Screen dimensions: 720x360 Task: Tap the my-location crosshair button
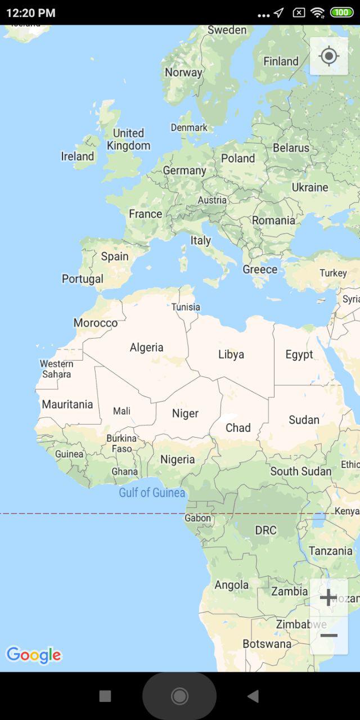tap(328, 56)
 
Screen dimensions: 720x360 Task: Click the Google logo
tap(33, 655)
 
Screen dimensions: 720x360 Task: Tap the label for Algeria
tap(146, 348)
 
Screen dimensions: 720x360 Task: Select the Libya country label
tap(231, 354)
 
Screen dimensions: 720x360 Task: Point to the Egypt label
tap(299, 354)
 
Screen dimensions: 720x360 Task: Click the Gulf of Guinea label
tap(152, 493)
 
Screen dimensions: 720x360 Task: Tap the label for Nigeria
tap(177, 460)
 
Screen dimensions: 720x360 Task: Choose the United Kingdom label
tap(129, 139)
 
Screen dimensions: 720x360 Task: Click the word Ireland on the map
tap(78, 156)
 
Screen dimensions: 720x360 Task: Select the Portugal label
tap(83, 279)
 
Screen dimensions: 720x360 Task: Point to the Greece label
tap(260, 269)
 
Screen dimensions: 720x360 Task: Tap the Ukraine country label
tap(309, 187)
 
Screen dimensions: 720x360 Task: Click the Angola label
tap(231, 585)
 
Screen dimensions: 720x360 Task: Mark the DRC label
tap(265, 530)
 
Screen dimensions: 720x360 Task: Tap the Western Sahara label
tap(56, 369)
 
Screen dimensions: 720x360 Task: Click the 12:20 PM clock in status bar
tap(31, 12)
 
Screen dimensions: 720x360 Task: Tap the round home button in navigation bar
tap(179, 696)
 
